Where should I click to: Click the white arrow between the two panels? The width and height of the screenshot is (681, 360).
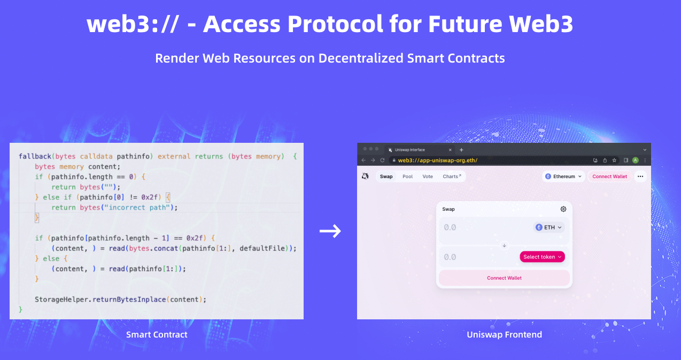click(x=330, y=231)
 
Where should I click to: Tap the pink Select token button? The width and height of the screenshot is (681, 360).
click(x=542, y=257)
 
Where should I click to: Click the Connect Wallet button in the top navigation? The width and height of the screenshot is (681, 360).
click(x=609, y=177)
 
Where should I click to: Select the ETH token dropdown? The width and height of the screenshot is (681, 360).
click(x=549, y=227)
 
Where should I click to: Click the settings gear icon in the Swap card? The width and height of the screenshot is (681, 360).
click(x=563, y=209)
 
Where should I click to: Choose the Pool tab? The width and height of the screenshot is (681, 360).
click(x=407, y=177)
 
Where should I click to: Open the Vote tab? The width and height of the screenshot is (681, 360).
click(x=428, y=177)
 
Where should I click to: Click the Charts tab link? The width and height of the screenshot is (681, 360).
click(x=452, y=177)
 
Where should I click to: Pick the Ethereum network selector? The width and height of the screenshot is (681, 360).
click(x=563, y=177)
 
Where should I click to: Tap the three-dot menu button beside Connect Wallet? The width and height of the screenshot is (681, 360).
click(x=640, y=177)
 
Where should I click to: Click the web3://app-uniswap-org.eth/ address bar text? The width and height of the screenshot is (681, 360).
click(x=437, y=160)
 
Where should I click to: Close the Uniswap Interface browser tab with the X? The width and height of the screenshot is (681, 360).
click(x=450, y=150)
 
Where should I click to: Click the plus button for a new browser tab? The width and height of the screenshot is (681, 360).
click(x=461, y=150)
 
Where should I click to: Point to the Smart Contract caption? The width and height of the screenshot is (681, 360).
click(x=157, y=334)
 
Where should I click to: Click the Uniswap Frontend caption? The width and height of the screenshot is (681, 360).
click(x=505, y=334)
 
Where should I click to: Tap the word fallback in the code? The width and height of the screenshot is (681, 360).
click(x=35, y=156)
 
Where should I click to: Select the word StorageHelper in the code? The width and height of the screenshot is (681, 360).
click(x=61, y=300)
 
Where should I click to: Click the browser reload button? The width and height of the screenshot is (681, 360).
click(x=382, y=160)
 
